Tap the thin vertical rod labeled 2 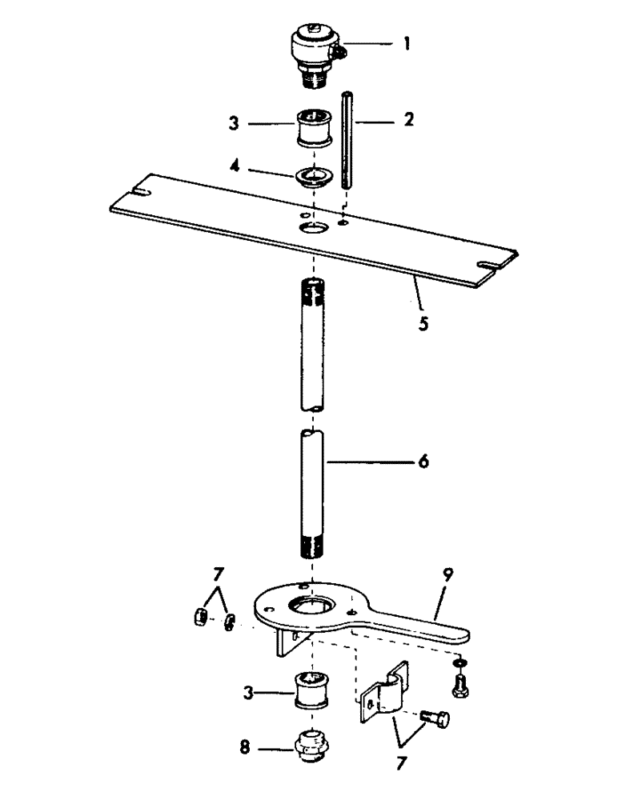347,140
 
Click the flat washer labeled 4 313,175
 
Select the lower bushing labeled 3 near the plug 314,690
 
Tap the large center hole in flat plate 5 313,230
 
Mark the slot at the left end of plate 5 141,192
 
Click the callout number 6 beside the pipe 422,462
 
